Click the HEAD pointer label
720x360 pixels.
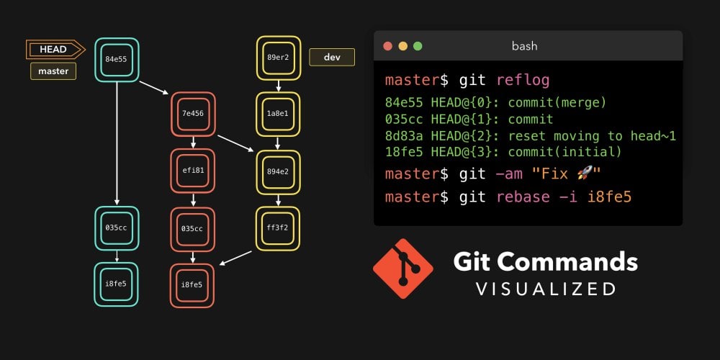point(54,50)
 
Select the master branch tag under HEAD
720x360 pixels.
point(53,71)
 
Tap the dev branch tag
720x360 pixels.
point(332,57)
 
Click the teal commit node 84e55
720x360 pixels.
point(116,59)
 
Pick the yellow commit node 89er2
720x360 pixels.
point(278,58)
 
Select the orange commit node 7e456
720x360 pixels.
point(193,114)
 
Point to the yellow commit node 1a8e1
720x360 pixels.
point(278,114)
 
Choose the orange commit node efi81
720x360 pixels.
point(193,171)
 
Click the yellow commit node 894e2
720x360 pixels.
point(278,172)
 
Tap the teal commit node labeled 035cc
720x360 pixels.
point(116,228)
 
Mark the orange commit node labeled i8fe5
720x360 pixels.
point(193,285)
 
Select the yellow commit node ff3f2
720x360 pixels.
point(278,228)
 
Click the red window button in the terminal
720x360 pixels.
point(387,46)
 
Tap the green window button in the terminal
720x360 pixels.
point(418,46)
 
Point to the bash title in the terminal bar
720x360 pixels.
point(524,46)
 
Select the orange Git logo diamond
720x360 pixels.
point(403,269)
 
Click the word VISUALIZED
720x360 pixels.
point(545,289)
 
